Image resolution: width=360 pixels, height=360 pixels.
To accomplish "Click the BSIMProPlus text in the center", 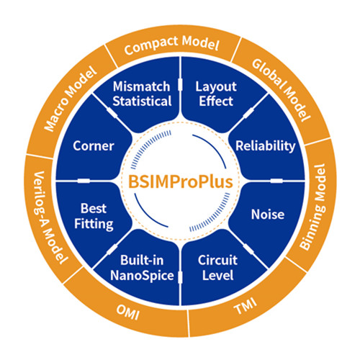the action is pyautogui.click(x=181, y=181).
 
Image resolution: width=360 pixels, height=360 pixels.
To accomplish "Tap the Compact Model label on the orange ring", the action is pyautogui.click(x=172, y=45).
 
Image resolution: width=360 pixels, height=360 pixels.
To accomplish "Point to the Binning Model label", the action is pyautogui.click(x=312, y=207).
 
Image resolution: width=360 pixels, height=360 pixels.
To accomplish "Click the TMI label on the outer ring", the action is pyautogui.click(x=246, y=306).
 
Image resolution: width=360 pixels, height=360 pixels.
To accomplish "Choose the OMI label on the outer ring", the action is pyautogui.click(x=127, y=312).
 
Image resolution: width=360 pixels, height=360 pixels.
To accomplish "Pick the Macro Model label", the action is pyautogui.click(x=71, y=99).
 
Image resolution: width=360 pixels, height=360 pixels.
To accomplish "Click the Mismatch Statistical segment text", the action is pyautogui.click(x=142, y=94).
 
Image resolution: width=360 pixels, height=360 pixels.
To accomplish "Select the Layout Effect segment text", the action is pyautogui.click(x=216, y=94).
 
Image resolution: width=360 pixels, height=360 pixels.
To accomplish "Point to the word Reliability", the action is pyautogui.click(x=265, y=146).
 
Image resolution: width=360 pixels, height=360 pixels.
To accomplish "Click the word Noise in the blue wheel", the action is pyautogui.click(x=268, y=215).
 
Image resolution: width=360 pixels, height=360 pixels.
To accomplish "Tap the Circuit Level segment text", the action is pyautogui.click(x=217, y=268).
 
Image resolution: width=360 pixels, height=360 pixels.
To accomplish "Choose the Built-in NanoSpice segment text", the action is pyautogui.click(x=142, y=268).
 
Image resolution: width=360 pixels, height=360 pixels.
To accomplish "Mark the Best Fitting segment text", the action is pyautogui.click(x=94, y=216).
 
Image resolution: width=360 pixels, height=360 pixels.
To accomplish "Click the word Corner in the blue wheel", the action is pyautogui.click(x=94, y=146).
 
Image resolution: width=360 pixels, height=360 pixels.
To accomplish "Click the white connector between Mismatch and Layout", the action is pyautogui.click(x=180, y=84).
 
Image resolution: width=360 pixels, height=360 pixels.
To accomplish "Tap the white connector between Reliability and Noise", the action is pyautogui.click(x=276, y=181).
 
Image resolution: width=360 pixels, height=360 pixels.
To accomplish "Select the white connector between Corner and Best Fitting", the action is pyautogui.click(x=84, y=181).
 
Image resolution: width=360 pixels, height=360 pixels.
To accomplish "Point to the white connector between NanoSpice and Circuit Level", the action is pyautogui.click(x=180, y=277).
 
